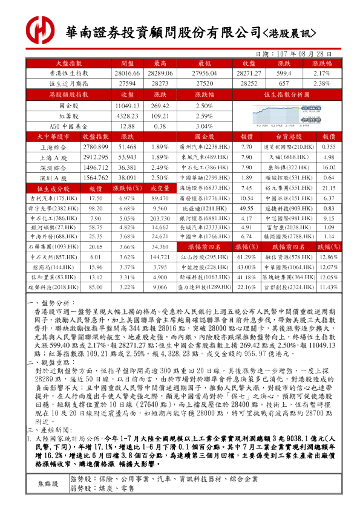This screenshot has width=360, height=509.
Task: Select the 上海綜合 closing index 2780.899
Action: click(95, 147)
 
